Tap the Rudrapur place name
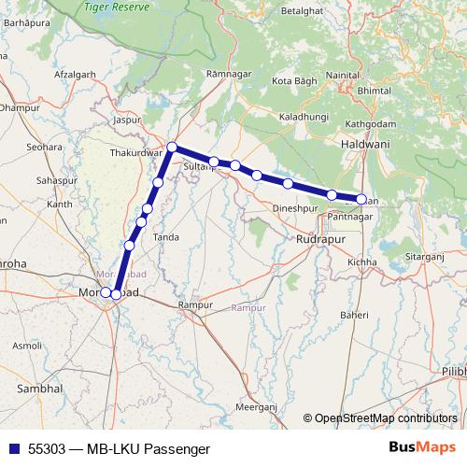[x=321, y=240]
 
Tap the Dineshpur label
[x=297, y=207]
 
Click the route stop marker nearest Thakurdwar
[x=173, y=146]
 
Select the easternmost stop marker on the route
[x=361, y=199]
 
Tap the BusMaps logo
[x=423, y=448]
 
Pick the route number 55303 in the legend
[x=48, y=448]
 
